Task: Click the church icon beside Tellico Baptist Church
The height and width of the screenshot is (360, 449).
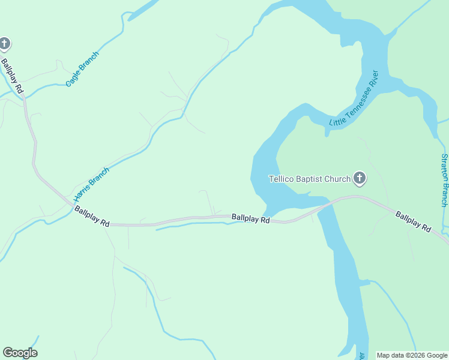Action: [x=360, y=178]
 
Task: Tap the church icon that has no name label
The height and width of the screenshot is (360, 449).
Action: [x=4, y=44]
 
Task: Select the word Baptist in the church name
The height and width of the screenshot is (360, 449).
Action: [x=309, y=179]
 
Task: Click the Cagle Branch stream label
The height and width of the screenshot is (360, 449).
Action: [x=82, y=69]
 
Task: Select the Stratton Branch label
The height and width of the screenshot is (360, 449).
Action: [x=445, y=180]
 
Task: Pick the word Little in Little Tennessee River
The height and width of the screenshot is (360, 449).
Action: [x=335, y=121]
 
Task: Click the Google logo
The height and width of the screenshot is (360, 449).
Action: [x=20, y=353]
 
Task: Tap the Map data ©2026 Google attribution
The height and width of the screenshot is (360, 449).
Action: [x=412, y=355]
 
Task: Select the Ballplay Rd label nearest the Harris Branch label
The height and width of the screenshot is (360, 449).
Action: [x=92, y=216]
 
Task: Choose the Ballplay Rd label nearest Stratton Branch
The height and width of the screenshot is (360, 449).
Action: [x=413, y=221]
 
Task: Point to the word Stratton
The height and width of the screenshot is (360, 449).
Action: [x=445, y=167]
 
